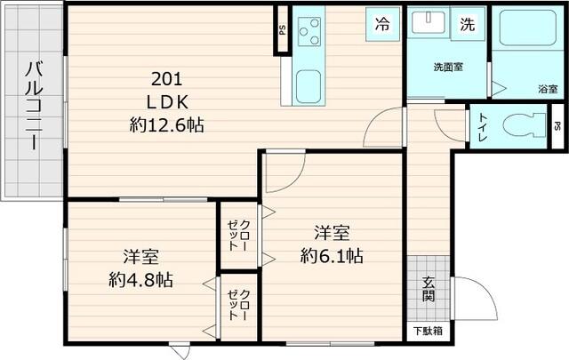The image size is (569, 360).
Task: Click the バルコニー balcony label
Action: coord(33,105)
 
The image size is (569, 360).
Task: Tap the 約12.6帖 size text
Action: coord(166,125)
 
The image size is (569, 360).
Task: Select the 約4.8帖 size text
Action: coord(140,279)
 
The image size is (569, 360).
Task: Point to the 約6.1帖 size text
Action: coord(331,256)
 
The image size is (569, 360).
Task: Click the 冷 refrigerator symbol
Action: coord(382,24)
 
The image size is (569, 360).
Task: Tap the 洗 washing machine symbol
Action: coord(467,25)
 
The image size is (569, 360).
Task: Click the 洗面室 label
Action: coord(446,68)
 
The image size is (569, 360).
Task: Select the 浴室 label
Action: coord(548,89)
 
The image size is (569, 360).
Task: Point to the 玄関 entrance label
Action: coord(429,289)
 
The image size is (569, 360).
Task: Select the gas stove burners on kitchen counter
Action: coord(310,34)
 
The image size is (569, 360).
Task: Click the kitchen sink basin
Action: coord(309,87)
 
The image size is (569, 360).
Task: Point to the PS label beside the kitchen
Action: coord(282,29)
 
